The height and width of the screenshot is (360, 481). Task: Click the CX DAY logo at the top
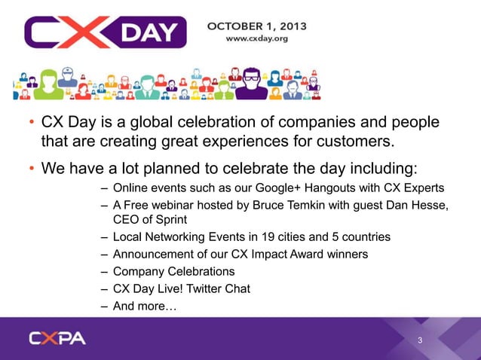point(105,32)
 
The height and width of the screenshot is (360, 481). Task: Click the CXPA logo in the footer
point(57,338)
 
